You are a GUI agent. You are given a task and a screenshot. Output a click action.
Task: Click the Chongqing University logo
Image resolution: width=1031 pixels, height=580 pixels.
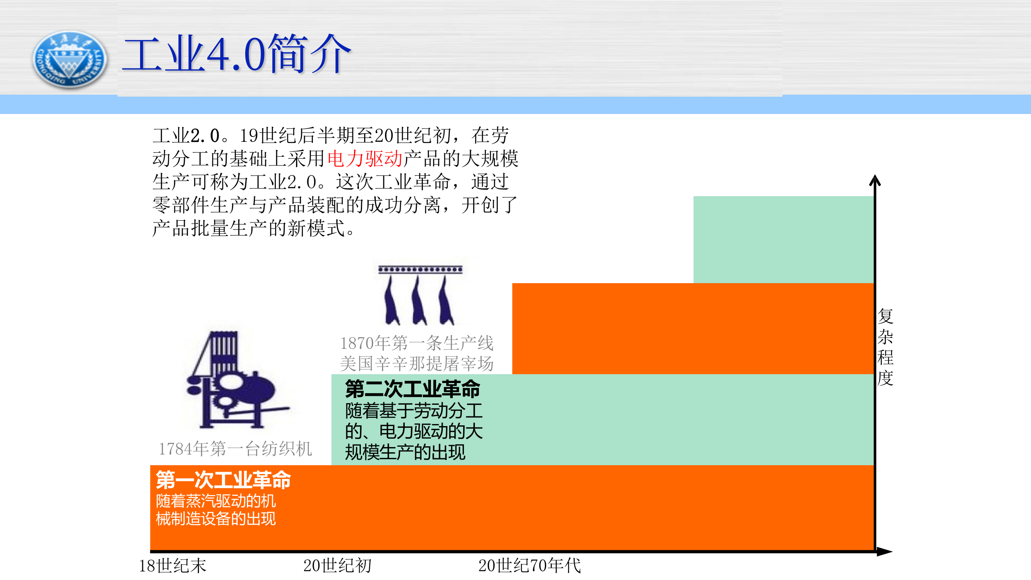(x=70, y=60)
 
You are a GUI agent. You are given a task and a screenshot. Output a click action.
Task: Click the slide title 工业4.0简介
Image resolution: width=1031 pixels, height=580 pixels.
(x=237, y=54)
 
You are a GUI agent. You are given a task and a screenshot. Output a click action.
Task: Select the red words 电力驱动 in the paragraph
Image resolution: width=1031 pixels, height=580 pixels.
(x=365, y=159)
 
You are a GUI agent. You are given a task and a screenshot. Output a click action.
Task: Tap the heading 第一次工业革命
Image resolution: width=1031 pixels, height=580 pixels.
(x=224, y=480)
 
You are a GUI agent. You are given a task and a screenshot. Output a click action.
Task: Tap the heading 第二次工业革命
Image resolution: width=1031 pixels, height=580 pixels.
(x=412, y=389)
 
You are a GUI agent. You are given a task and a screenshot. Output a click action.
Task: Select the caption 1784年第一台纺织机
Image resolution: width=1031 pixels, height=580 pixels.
(x=236, y=449)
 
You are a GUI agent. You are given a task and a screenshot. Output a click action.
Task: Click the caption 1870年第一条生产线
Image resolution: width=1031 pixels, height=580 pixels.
(x=417, y=343)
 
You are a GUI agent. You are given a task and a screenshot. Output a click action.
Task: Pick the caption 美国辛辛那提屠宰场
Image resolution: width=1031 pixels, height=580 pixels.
(x=417, y=364)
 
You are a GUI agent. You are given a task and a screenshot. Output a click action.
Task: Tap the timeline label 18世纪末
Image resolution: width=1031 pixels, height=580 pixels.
(x=172, y=566)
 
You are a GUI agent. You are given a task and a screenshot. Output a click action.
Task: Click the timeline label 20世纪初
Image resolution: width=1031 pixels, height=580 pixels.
(x=337, y=566)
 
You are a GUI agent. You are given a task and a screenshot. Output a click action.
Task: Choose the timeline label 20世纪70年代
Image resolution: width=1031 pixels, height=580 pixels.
(x=530, y=566)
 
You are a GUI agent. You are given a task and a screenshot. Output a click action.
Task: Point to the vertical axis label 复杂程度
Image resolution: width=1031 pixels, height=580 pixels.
(x=885, y=347)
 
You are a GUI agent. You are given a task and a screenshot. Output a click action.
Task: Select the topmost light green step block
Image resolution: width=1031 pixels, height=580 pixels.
(x=783, y=239)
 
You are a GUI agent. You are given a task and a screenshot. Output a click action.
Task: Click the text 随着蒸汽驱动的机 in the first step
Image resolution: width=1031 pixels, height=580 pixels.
(x=216, y=501)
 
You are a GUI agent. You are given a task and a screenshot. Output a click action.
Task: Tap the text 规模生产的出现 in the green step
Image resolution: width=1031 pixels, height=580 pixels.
(x=405, y=452)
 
